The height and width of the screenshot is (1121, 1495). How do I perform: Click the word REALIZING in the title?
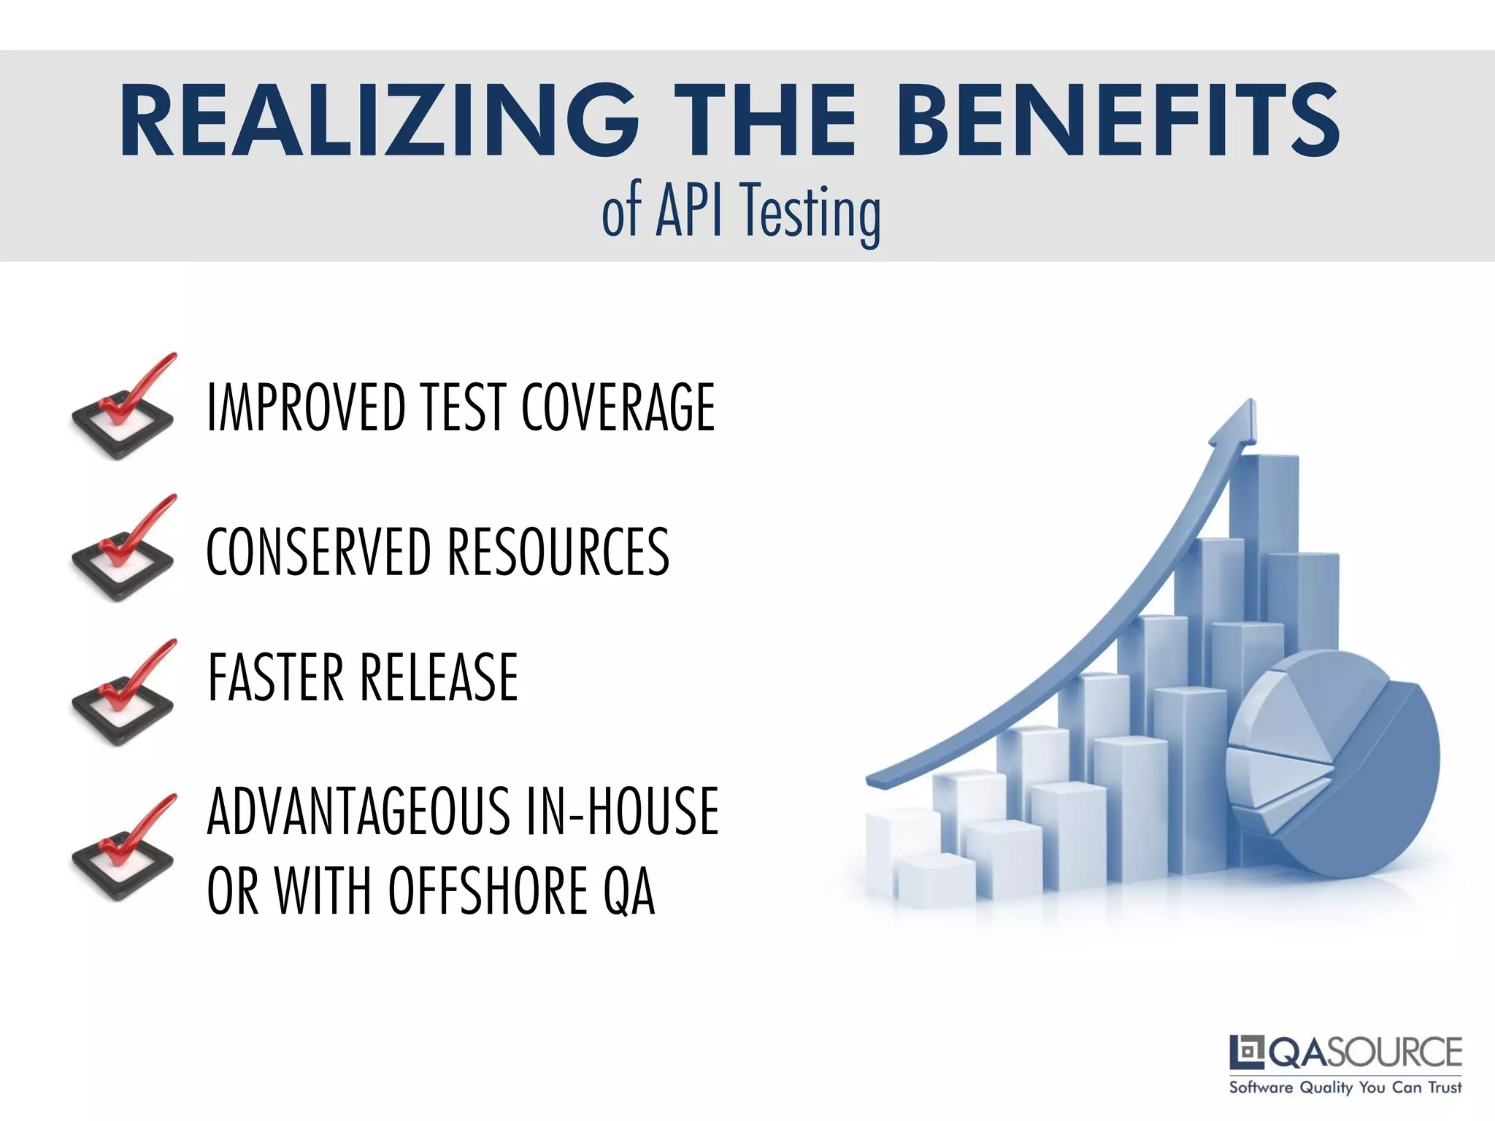[x=379, y=120]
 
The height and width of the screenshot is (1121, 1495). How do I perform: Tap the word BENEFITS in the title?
[x=1118, y=120]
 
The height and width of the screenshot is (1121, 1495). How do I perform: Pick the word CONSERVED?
[x=318, y=552]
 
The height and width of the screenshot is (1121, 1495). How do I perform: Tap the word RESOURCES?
[x=558, y=552]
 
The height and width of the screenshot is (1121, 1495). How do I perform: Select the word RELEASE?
[x=439, y=677]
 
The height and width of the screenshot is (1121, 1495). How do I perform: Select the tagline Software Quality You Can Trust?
[x=1345, y=1087]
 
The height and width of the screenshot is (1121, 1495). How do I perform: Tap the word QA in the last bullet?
[x=629, y=891]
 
